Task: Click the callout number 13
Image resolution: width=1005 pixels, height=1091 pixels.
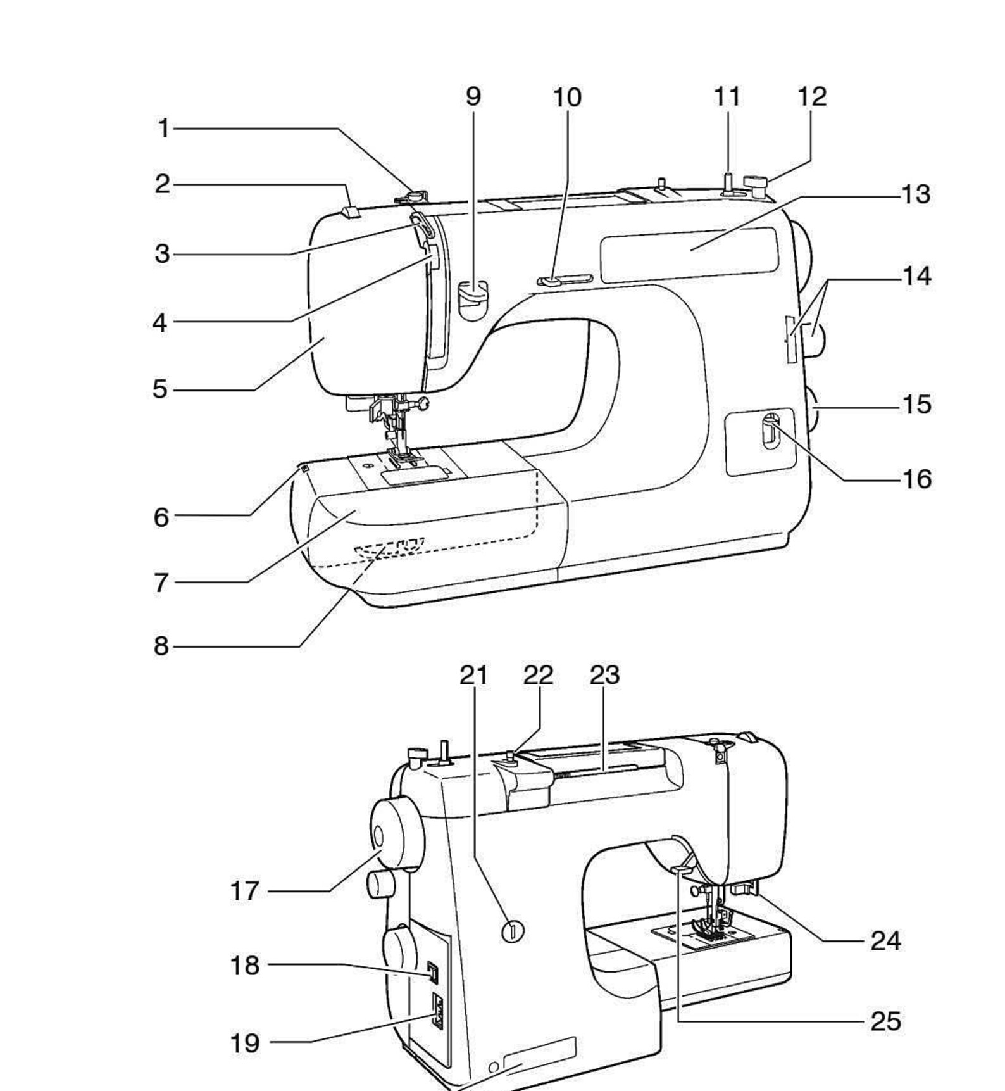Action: (916, 194)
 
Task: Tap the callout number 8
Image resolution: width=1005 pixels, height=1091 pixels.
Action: (161, 646)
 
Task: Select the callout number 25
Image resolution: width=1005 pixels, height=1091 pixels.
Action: (885, 1021)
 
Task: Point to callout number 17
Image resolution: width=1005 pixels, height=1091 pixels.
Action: (244, 891)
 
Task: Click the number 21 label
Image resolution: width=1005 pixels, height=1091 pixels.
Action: (473, 675)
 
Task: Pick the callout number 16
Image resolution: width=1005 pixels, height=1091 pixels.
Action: (916, 479)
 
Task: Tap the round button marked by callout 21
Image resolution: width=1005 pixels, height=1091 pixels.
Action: (513, 931)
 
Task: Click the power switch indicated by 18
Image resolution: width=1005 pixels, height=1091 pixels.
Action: (432, 972)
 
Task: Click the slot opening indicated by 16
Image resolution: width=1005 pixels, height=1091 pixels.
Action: (770, 430)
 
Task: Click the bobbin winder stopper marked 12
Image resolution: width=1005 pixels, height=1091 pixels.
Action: (757, 183)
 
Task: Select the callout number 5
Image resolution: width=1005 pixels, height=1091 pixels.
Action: (160, 389)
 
